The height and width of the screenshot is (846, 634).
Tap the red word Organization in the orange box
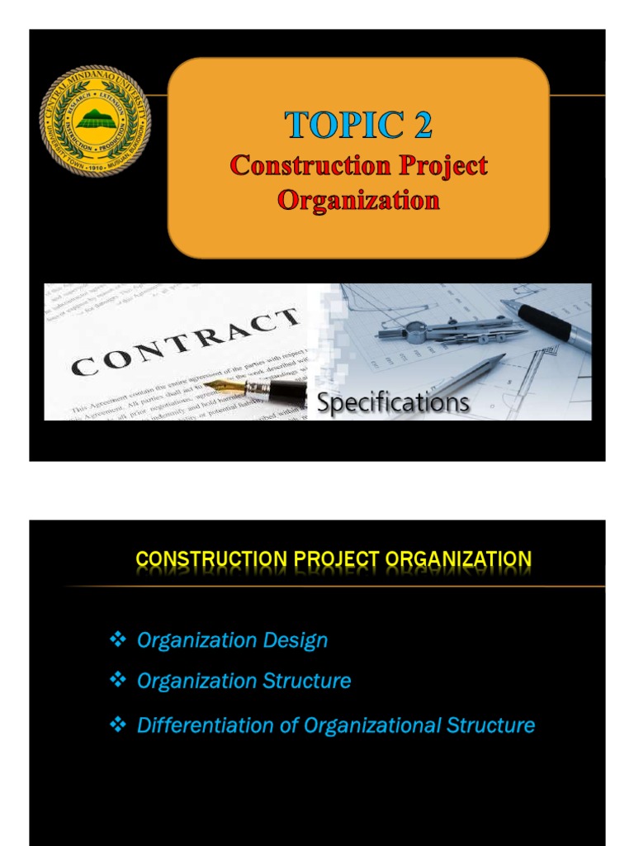(x=358, y=200)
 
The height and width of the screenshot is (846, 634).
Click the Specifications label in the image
(x=394, y=403)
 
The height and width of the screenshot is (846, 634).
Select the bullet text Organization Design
(x=232, y=640)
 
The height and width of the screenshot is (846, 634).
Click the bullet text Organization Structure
(x=244, y=681)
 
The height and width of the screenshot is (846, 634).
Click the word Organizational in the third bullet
(x=373, y=725)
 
